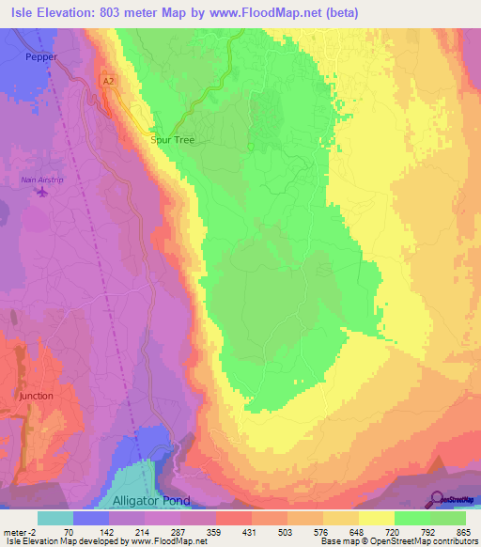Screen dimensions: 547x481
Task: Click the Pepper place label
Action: point(40,57)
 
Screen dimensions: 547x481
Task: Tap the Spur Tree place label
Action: point(172,139)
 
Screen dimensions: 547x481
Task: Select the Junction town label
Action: point(36,397)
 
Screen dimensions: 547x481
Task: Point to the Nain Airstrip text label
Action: point(40,179)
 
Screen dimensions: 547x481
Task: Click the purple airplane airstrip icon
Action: point(41,193)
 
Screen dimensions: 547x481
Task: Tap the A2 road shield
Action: point(110,83)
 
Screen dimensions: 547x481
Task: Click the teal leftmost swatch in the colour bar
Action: point(55,518)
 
